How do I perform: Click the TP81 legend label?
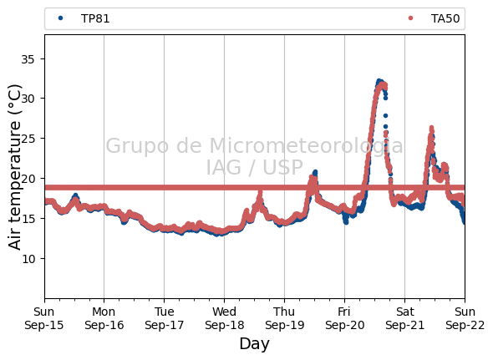pos(95,18)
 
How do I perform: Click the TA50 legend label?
pos(445,18)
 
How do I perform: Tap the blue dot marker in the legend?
pos(61,18)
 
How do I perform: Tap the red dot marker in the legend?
pos(410,18)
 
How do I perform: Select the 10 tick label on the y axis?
pos(28,258)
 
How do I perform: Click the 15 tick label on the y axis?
pos(28,219)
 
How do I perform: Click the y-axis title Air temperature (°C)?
pos(15,167)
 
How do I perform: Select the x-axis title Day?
pos(254,343)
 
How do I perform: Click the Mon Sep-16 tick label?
pos(104,318)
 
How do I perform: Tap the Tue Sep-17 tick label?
pos(164,318)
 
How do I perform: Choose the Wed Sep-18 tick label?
pos(224,318)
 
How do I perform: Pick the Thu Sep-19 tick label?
pos(285,318)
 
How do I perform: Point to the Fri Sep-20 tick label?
pos(344,318)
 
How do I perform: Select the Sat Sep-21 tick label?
pos(405,318)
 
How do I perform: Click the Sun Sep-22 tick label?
pos(465,318)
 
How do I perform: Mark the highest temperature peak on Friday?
pos(379,81)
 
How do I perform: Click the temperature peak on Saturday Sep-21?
pos(431,127)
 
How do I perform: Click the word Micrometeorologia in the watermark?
pos(306,146)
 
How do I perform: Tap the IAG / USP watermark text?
pos(254,167)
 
